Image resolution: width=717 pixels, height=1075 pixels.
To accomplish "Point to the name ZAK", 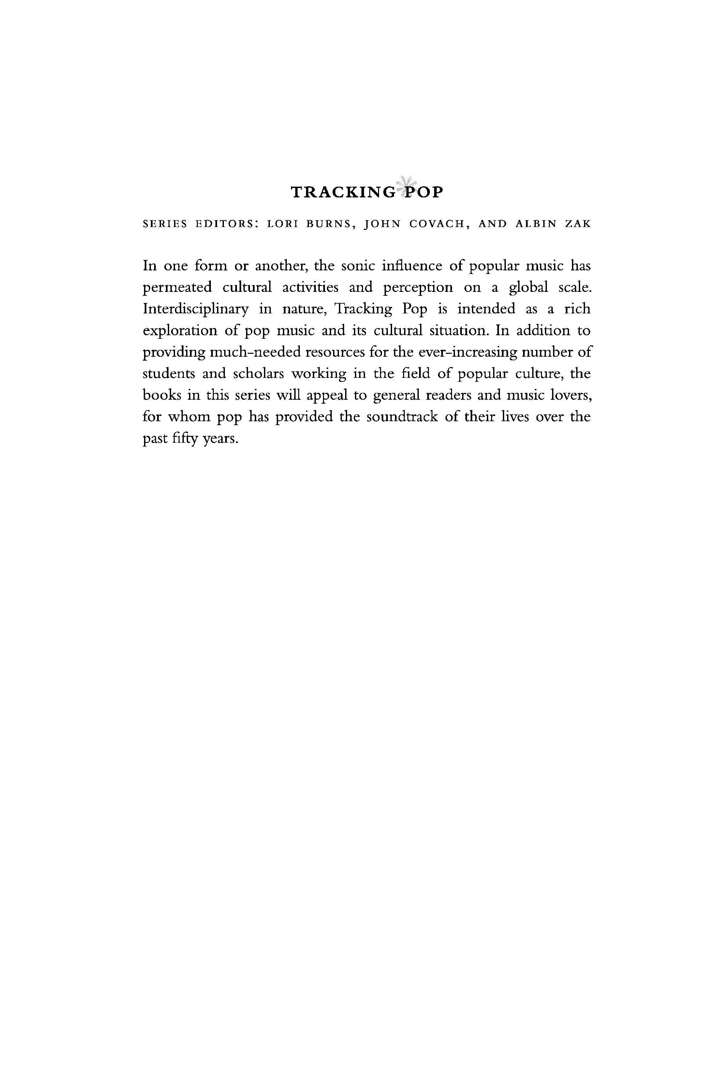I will pos(578,224).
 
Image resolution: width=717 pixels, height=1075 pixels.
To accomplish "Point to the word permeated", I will pos(177,288).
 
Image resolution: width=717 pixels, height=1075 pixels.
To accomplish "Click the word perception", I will pos(418,288).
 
